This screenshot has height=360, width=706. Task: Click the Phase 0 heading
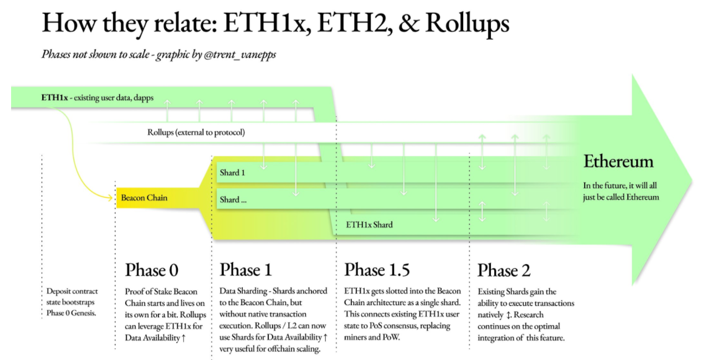[x=152, y=270]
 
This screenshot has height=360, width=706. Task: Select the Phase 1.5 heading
[x=377, y=270]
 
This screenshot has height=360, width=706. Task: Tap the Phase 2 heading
[x=504, y=270]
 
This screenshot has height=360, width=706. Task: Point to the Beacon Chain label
[x=144, y=198]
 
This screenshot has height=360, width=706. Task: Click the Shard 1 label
[x=232, y=173]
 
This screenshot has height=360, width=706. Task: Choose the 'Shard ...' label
[x=233, y=200]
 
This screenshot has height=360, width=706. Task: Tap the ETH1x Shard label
[x=370, y=224]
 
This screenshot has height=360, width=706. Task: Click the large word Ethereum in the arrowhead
[x=618, y=161]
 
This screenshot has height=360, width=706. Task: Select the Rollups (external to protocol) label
[x=196, y=132]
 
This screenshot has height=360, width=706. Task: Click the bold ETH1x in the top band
[x=54, y=97]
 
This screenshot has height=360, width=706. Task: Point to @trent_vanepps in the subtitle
[x=240, y=54]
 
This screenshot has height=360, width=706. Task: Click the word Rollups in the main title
[x=467, y=24]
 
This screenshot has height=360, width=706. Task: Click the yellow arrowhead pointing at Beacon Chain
[x=110, y=198]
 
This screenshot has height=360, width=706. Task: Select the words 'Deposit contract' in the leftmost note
[x=72, y=291]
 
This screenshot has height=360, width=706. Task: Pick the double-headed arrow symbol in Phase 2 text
[x=508, y=315]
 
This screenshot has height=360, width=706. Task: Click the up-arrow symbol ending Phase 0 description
[x=184, y=338]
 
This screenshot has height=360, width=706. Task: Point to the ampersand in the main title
[x=409, y=23]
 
